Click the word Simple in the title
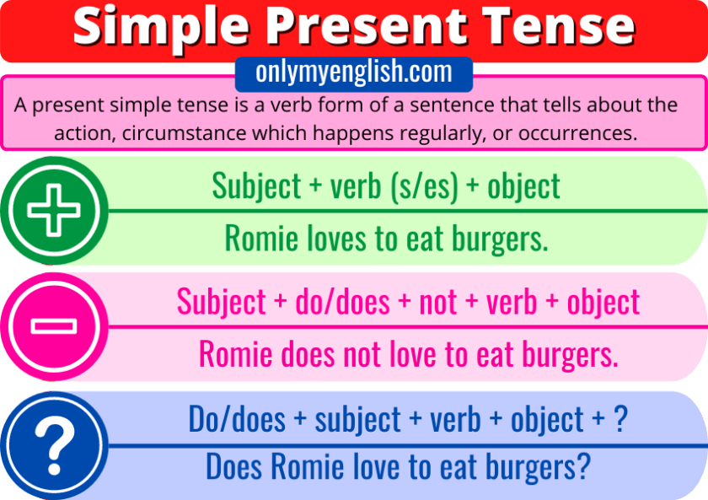click(x=162, y=27)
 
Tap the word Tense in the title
click(x=559, y=26)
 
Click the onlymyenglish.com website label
click(x=353, y=73)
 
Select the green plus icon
click(x=54, y=211)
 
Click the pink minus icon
click(x=54, y=326)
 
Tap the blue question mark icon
click(x=54, y=445)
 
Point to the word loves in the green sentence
click(x=337, y=238)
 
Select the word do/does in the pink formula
click(x=343, y=301)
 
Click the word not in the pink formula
click(x=438, y=302)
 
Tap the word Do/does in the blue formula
click(x=237, y=419)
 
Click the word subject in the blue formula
click(x=357, y=420)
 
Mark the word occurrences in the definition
click(x=577, y=133)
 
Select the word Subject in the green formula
click(x=256, y=186)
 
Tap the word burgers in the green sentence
click(x=501, y=239)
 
